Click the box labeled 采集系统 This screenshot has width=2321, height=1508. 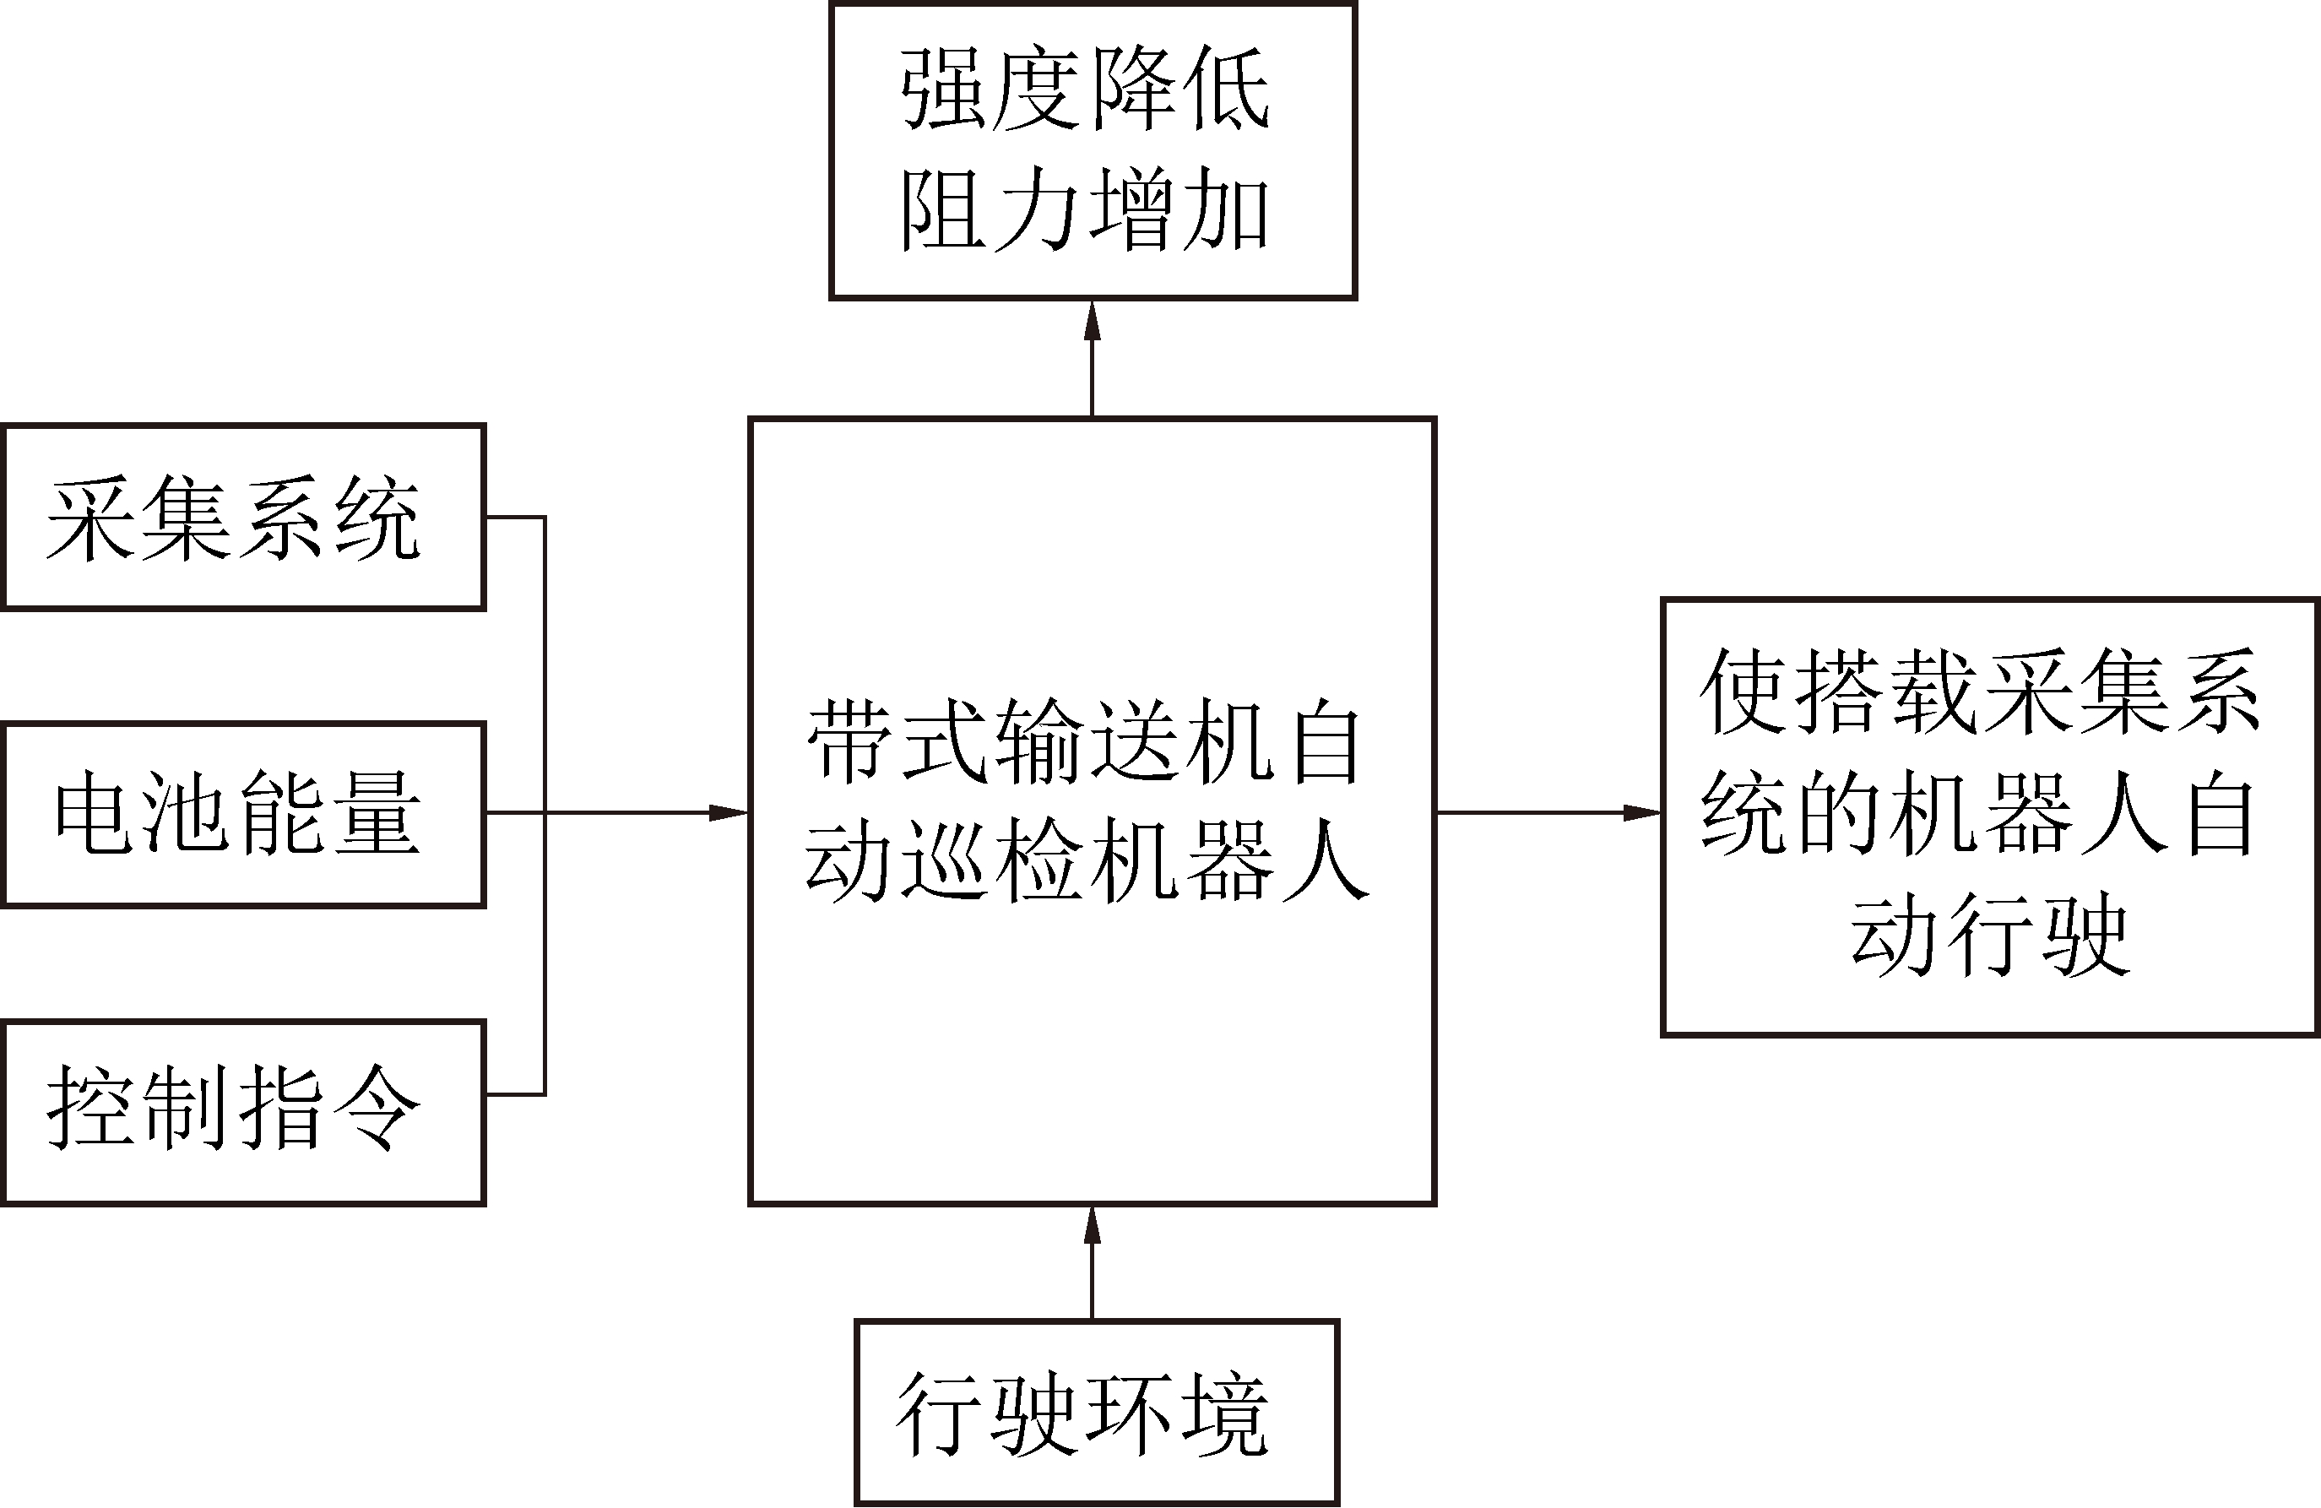pyautogui.click(x=243, y=518)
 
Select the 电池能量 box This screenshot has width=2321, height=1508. pyautogui.click(x=243, y=816)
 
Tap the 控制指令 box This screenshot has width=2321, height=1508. pyautogui.click(x=243, y=1113)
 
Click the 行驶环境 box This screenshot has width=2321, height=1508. pyautogui.click(x=1096, y=1413)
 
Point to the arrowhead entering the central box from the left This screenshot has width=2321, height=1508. pyautogui.click(x=729, y=812)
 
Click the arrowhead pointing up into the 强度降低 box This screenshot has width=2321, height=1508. pyautogui.click(x=1093, y=320)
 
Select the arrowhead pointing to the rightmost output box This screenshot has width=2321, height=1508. pyautogui.click(x=1642, y=812)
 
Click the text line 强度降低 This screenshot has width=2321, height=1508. pyautogui.click(x=1084, y=90)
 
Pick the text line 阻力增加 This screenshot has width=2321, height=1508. pyautogui.click(x=1084, y=209)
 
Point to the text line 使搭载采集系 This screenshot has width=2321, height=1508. pyautogui.click(x=1980, y=692)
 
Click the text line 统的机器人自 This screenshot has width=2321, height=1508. pyautogui.click(x=1980, y=815)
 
